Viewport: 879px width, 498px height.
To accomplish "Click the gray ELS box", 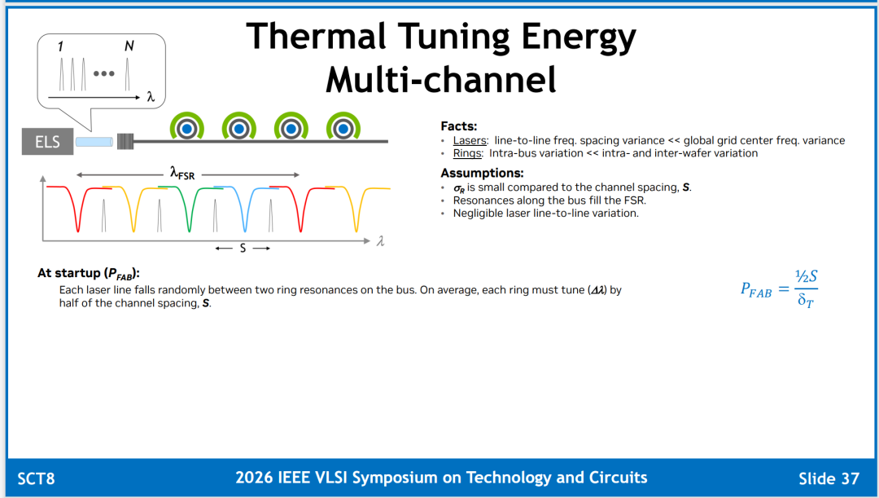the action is pyautogui.click(x=48, y=142).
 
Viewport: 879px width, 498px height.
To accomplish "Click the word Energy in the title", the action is pyautogui.click(x=579, y=37).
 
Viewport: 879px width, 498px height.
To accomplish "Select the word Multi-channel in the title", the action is pyautogui.click(x=441, y=79).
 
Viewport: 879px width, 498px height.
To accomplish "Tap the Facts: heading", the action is pyautogui.click(x=458, y=126).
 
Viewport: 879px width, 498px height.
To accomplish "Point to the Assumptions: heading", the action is pyautogui.click(x=482, y=173).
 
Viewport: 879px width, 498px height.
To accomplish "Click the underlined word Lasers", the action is pyautogui.click(x=470, y=140).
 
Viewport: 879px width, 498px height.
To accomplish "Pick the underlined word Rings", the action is pyautogui.click(x=467, y=153).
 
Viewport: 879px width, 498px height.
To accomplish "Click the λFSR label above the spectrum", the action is pyautogui.click(x=182, y=174).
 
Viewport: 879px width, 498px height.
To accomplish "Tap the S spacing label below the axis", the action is pyautogui.click(x=243, y=248).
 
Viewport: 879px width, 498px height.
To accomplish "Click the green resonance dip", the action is pyautogui.click(x=190, y=216).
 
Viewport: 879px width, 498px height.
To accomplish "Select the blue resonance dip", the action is pyautogui.click(x=245, y=216).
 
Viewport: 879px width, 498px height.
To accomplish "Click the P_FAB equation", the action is pyautogui.click(x=779, y=289).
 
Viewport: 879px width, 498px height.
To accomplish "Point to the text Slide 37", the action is pyautogui.click(x=829, y=478).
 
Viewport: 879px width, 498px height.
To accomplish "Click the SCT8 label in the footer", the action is pyautogui.click(x=36, y=478).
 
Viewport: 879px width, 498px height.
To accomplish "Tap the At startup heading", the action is pyautogui.click(x=88, y=273).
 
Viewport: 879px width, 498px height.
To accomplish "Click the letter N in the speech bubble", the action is pyautogui.click(x=129, y=46).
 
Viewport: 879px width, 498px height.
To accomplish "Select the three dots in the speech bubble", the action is pyautogui.click(x=103, y=73).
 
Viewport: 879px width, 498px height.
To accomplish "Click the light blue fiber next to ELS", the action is pyautogui.click(x=94, y=142).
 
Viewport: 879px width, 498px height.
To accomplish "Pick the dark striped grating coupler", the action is pyautogui.click(x=125, y=142).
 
